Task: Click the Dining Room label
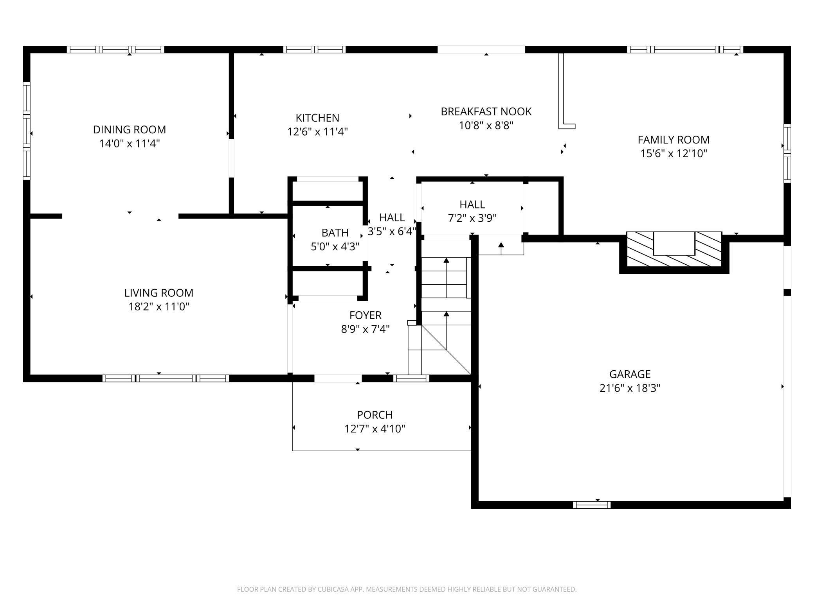[x=130, y=129]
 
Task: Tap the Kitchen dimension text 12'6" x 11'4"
[x=317, y=132]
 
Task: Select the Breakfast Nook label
[x=486, y=111]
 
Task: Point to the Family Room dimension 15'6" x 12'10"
[x=674, y=153]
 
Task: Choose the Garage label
[x=630, y=374]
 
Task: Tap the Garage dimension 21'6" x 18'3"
[x=630, y=388]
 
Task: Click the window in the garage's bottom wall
[x=592, y=505]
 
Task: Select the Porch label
[x=375, y=414]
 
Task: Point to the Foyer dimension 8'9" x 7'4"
[x=365, y=329]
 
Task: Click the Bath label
[x=335, y=233]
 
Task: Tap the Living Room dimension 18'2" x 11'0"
[x=159, y=307]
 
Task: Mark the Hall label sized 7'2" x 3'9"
[x=472, y=204]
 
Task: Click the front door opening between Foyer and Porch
[x=338, y=378]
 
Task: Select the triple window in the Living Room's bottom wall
[x=166, y=378]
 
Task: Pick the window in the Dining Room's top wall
[x=115, y=49]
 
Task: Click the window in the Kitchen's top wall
[x=315, y=49]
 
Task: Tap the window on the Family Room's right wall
[x=787, y=153]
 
